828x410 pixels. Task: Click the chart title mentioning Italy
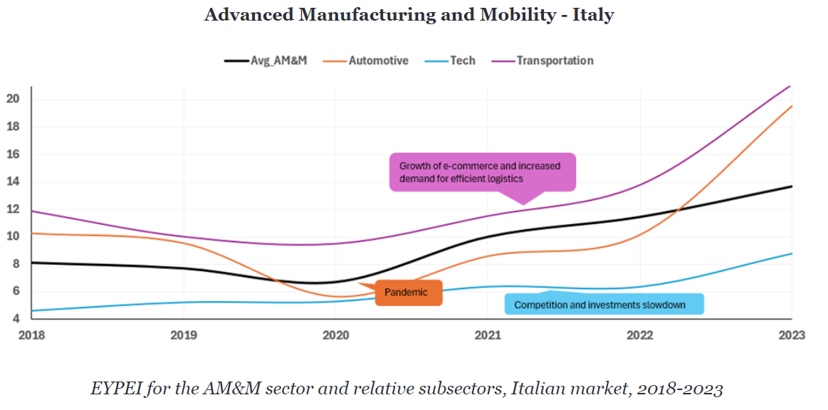(x=409, y=15)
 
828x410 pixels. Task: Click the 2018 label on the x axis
(x=32, y=334)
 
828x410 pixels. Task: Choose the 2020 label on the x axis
(x=336, y=334)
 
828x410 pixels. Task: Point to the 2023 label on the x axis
(x=792, y=334)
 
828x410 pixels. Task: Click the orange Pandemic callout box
(x=407, y=293)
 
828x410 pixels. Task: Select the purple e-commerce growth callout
(x=482, y=172)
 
